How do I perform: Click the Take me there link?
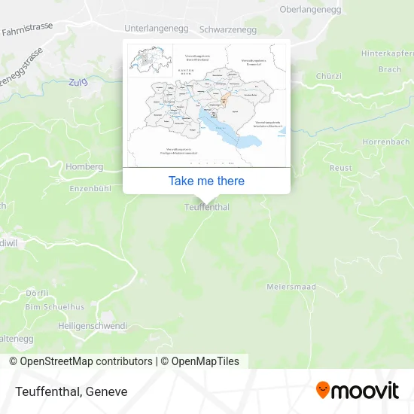pyautogui.click(x=206, y=181)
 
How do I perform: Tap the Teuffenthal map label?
pyautogui.click(x=206, y=207)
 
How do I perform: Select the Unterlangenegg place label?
pyautogui.click(x=156, y=29)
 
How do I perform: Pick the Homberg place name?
pyautogui.click(x=85, y=166)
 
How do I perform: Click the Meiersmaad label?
pyautogui.click(x=291, y=287)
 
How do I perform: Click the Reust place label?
pyautogui.click(x=340, y=168)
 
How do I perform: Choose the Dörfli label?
pyautogui.click(x=36, y=293)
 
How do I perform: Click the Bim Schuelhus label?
pyautogui.click(x=55, y=307)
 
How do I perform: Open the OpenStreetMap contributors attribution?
pyautogui.click(x=86, y=361)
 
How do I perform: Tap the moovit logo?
pyautogui.click(x=357, y=390)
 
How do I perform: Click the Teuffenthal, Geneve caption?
pyautogui.click(x=69, y=391)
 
